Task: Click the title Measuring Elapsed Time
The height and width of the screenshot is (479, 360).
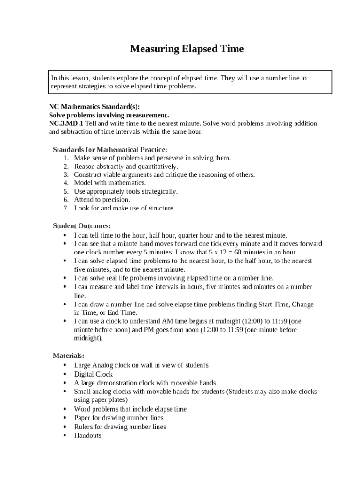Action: pyautogui.click(x=187, y=49)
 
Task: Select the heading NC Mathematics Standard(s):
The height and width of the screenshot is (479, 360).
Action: pyautogui.click(x=94, y=106)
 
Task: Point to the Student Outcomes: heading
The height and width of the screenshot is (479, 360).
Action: pyautogui.click(x=82, y=226)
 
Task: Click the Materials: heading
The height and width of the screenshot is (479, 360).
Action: pyautogui.click(x=68, y=356)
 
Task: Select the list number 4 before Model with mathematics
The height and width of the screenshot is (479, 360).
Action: pyautogui.click(x=66, y=183)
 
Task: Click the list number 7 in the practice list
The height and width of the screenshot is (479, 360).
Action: pyautogui.click(x=66, y=208)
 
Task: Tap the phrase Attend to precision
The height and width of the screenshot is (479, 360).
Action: pyautogui.click(x=102, y=200)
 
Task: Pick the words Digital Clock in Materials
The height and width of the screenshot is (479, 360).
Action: pyautogui.click(x=94, y=374)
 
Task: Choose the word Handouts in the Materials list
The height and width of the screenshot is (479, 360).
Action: pyautogui.click(x=87, y=435)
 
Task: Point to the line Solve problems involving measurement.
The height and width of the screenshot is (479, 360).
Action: pyautogui.click(x=109, y=115)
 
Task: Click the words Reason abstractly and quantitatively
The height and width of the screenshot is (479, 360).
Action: pyautogui.click(x=126, y=167)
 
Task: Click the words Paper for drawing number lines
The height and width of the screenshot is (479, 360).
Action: pyautogui.click(x=119, y=418)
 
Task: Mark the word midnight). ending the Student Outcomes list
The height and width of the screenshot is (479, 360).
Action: pyautogui.click(x=88, y=338)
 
